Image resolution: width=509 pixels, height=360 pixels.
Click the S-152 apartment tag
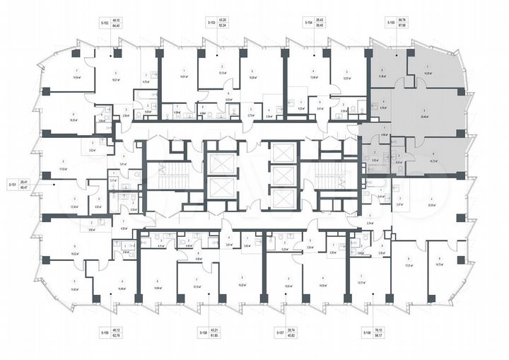pyautogui.click(x=103, y=23)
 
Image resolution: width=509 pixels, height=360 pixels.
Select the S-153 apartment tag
pyautogui.click(x=211, y=23)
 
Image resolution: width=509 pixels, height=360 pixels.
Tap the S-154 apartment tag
pyautogui.click(x=308, y=23)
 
